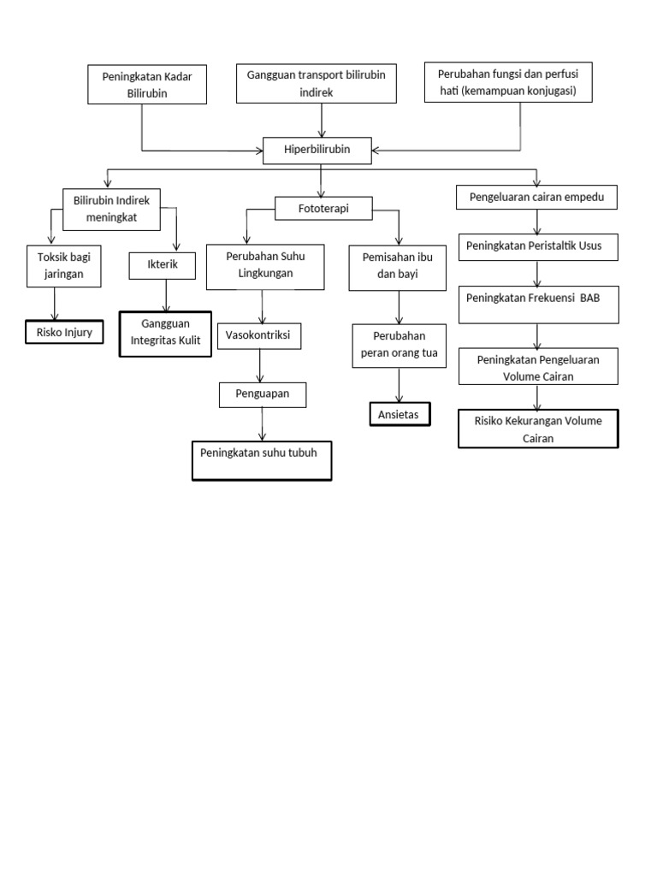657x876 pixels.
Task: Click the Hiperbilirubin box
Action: [x=317, y=150]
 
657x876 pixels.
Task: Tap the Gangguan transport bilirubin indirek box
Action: [x=316, y=83]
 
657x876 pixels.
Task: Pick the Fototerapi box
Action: [x=323, y=208]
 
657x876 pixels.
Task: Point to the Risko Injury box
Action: [x=64, y=331]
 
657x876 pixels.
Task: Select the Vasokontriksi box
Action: [x=259, y=336]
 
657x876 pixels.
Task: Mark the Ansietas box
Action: [x=400, y=414]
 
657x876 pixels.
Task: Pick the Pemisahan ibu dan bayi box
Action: [x=399, y=267]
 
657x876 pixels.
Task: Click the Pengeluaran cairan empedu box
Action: [x=537, y=198]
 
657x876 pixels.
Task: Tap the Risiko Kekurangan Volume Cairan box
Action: [x=538, y=429]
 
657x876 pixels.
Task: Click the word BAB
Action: [x=591, y=299]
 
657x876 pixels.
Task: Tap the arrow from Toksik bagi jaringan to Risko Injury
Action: [x=56, y=304]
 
